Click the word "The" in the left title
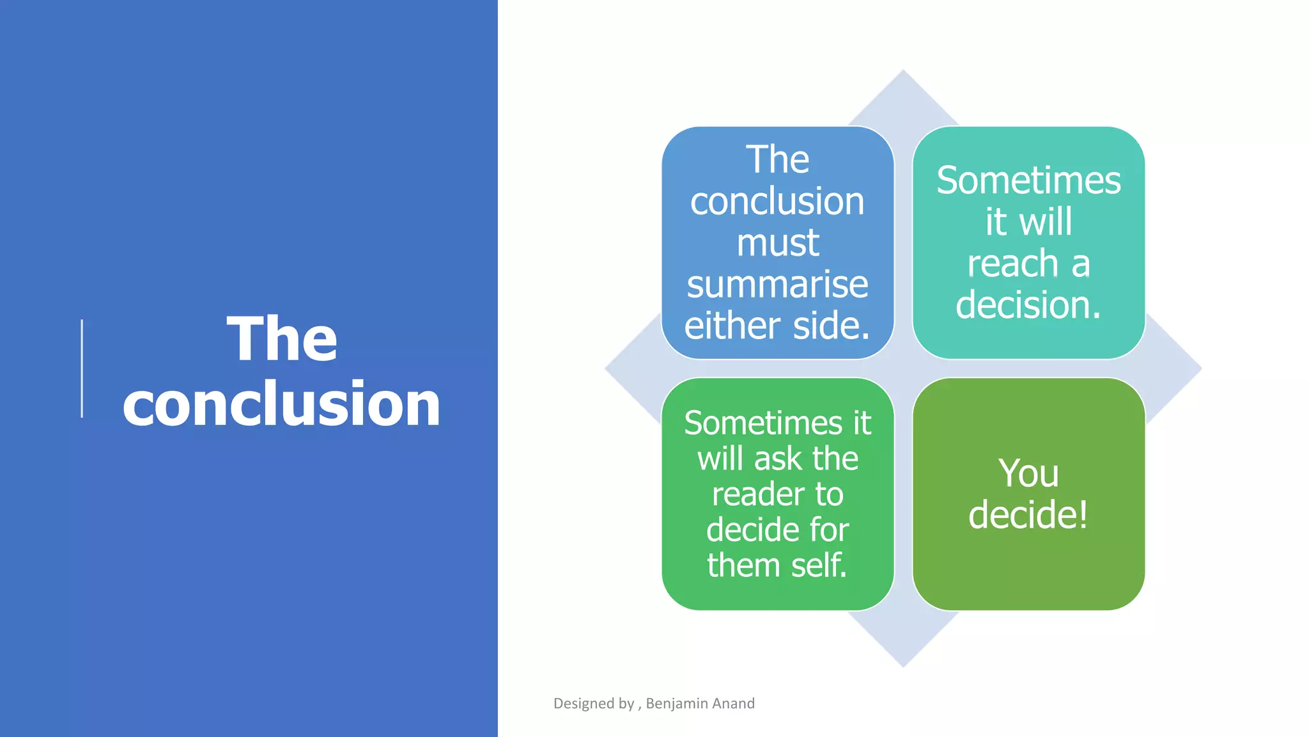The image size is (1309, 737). [282, 339]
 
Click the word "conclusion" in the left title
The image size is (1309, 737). [281, 404]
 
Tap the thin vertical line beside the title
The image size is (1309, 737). [82, 368]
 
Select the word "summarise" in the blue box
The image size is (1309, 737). [777, 285]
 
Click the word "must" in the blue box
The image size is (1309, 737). [777, 243]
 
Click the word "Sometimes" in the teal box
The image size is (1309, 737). [1028, 181]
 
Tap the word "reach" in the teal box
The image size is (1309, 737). [1003, 264]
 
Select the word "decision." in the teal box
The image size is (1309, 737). [1028, 305]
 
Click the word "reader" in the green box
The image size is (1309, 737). [750, 495]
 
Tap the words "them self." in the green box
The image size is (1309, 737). [777, 566]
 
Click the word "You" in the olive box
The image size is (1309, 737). [1028, 473]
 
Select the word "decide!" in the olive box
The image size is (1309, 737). [1028, 515]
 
